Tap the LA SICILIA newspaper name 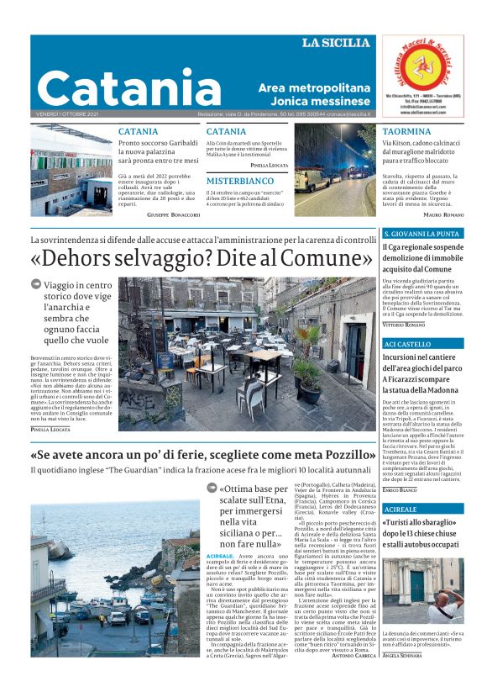click(x=337, y=43)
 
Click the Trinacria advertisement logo click(x=422, y=66)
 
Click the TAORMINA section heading click(x=406, y=132)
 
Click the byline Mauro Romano click(x=444, y=215)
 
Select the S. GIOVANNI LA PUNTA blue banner click(x=421, y=234)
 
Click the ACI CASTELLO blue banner click(x=407, y=345)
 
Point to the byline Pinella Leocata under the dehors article click(x=51, y=430)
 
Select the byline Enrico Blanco click(x=400, y=489)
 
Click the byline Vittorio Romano click(x=405, y=324)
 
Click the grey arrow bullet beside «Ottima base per click(x=212, y=489)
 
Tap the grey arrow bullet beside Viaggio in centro click(x=36, y=284)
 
